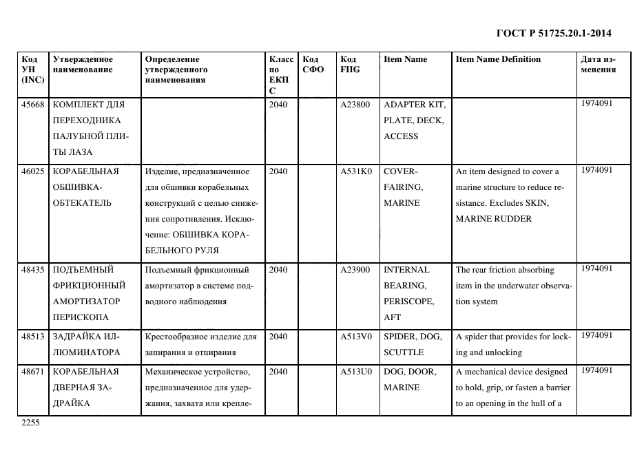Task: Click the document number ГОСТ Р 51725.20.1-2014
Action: pos(554,33)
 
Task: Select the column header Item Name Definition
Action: pos(498,59)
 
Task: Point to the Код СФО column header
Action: pos(313,64)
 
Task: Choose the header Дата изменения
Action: pos(599,64)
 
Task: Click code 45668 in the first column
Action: pos(32,105)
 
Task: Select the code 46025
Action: pos(32,171)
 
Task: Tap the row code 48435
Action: pos(32,270)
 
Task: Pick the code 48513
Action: pos(32,336)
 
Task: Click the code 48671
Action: pos(32,372)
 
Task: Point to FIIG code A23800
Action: pos(355,105)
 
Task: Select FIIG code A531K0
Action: pos(355,171)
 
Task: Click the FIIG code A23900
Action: pos(355,270)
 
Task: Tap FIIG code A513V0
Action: pos(355,336)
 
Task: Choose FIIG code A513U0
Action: pos(355,372)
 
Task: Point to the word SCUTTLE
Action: pos(404,352)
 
